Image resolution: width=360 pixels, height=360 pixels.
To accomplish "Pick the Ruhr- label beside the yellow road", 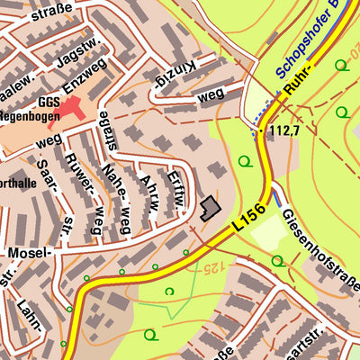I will (298, 82).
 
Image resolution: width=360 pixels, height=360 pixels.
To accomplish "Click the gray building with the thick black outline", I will (210, 209).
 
